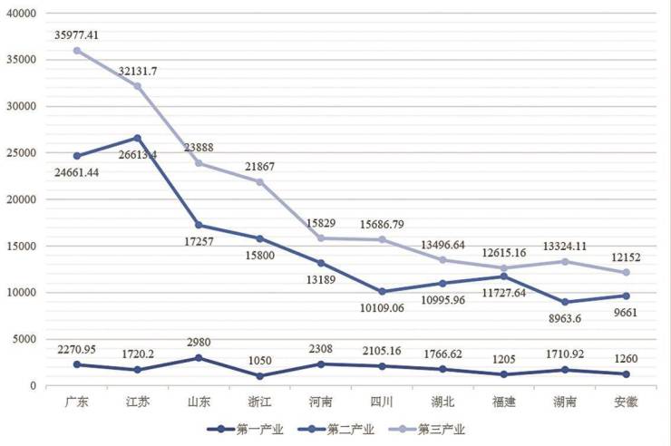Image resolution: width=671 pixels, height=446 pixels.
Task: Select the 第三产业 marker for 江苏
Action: point(138,86)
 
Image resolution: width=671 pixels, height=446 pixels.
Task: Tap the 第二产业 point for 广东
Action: point(77,156)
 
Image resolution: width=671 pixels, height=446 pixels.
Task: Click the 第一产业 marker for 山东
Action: point(199,358)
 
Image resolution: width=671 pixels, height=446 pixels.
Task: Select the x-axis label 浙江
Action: point(259,402)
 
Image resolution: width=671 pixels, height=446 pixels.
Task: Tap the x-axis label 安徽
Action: point(626,402)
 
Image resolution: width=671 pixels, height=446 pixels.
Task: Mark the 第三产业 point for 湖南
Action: point(565,261)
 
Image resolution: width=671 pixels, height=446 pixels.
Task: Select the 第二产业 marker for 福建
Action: point(503,276)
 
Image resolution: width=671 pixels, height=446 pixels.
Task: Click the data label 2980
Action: point(199,341)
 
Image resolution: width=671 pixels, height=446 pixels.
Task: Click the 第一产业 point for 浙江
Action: point(259,375)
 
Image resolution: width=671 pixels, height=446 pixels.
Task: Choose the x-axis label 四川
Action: point(382,402)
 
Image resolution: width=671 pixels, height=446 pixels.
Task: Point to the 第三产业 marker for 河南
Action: point(320,238)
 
